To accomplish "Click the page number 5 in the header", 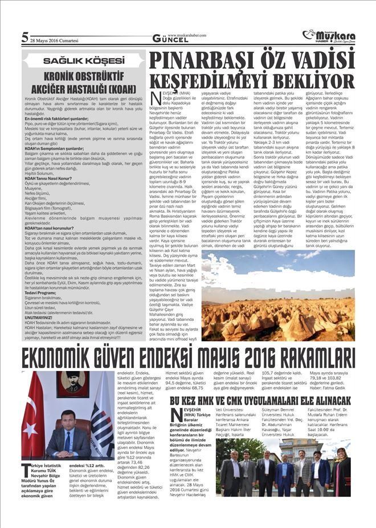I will pyautogui.click(x=24, y=38).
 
